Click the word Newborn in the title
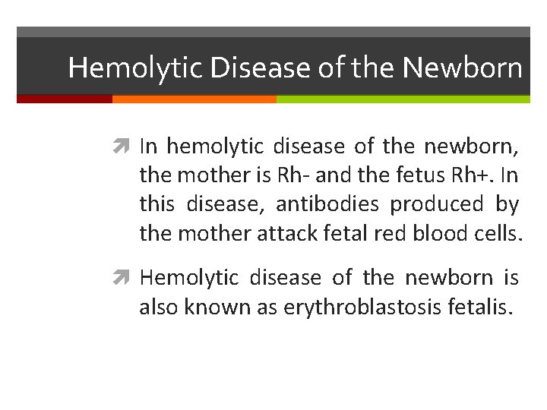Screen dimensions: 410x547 click(x=463, y=68)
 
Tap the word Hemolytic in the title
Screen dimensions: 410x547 click(x=135, y=68)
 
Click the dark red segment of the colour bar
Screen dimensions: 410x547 click(x=65, y=99)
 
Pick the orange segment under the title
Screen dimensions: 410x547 click(x=194, y=99)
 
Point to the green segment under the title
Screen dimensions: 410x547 click(x=403, y=99)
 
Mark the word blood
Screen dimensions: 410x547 click(x=441, y=234)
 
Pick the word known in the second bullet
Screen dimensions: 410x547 click(x=208, y=307)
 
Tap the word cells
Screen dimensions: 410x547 click(x=498, y=234)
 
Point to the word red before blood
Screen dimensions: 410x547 click(x=390, y=234)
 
